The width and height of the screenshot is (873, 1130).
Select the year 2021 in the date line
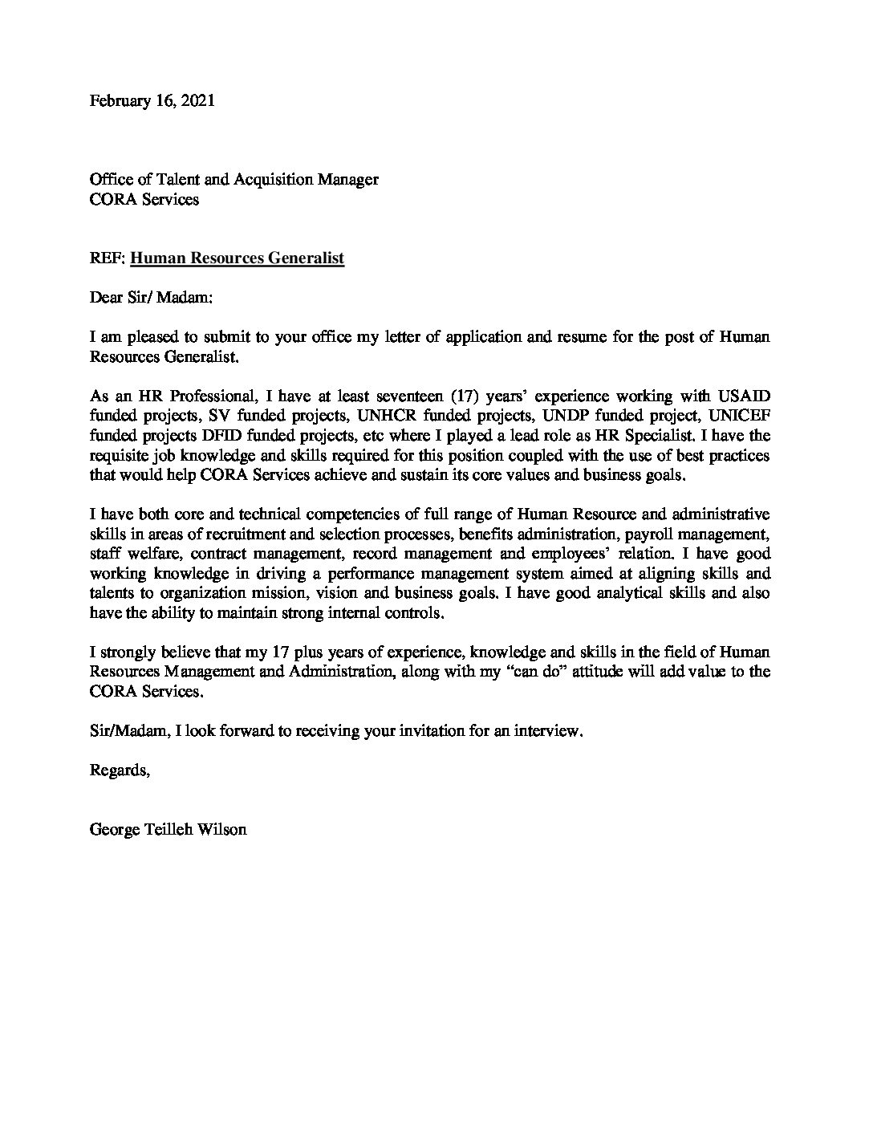[197, 102]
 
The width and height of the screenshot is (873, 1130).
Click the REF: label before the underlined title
[108, 258]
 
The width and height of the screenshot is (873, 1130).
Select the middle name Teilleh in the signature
[177, 829]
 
